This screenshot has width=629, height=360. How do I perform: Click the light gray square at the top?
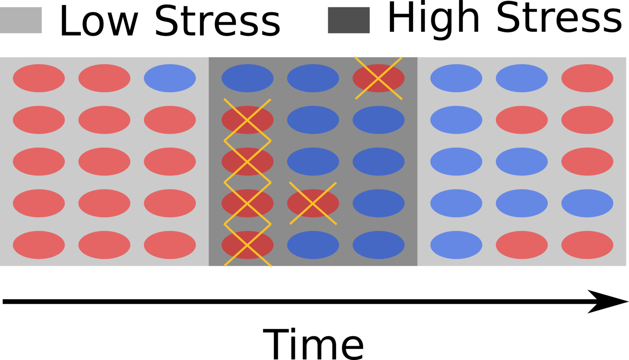[21, 20]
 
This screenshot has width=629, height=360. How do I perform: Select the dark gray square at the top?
[349, 20]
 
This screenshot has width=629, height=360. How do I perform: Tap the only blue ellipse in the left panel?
[170, 78]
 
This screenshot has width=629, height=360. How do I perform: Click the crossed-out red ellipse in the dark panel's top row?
[378, 78]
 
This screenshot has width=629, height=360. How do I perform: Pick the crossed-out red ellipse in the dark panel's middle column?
[313, 203]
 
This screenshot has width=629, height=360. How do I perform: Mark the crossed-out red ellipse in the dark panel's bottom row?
[248, 245]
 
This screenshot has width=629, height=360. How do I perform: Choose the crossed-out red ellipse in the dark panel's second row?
[248, 120]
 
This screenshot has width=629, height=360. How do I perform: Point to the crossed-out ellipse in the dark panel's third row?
[248, 162]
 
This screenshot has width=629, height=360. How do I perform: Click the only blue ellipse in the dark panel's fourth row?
[378, 203]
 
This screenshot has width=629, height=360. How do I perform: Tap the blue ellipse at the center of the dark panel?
[313, 162]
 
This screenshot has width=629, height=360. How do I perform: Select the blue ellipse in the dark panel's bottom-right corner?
[378, 245]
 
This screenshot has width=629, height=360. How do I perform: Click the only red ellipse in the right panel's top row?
[587, 78]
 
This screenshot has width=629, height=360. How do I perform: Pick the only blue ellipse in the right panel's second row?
[456, 120]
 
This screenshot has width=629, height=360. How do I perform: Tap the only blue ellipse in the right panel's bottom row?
[456, 245]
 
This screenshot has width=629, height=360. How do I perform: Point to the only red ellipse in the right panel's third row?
[587, 162]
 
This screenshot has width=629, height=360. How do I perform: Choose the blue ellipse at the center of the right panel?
[522, 162]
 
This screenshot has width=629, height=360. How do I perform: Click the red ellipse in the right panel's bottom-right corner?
[587, 245]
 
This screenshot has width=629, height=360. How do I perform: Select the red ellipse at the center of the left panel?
[104, 162]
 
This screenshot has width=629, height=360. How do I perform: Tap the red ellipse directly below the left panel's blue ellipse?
[170, 120]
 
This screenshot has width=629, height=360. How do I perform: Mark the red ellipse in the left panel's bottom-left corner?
[39, 245]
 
